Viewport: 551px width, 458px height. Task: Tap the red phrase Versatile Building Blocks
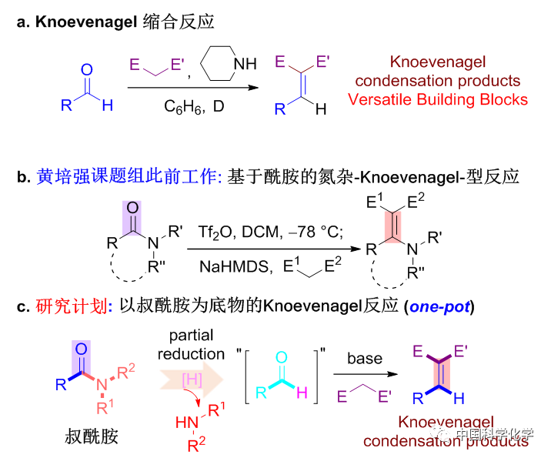tap(437, 99)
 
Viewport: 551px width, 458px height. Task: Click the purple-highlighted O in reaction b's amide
tap(132, 208)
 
